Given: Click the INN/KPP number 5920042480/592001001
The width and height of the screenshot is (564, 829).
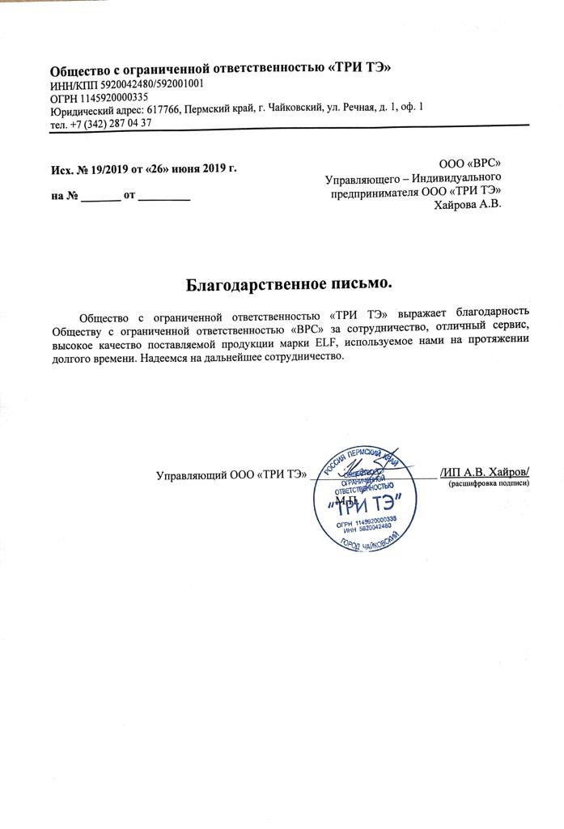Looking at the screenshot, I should (141, 83).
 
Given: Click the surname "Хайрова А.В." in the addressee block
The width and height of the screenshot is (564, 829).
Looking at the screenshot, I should (469, 205).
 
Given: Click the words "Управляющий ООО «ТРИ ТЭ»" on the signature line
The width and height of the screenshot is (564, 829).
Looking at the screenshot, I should (231, 475).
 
